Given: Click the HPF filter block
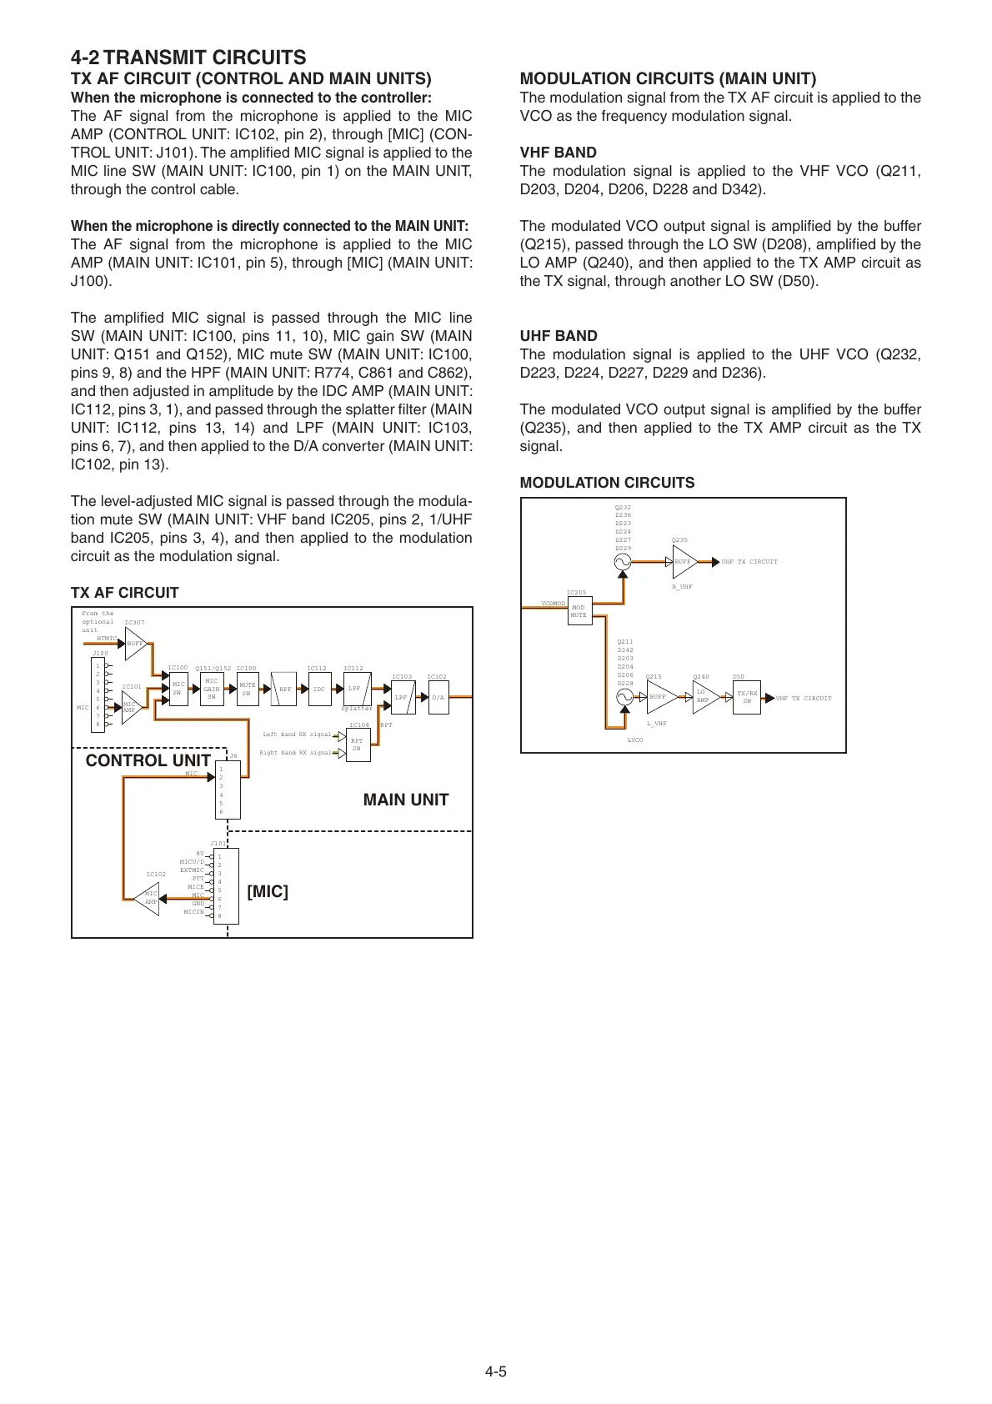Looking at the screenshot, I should coord(285,689).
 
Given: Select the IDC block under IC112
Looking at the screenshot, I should coord(319,689).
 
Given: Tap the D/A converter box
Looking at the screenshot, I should coord(438,697).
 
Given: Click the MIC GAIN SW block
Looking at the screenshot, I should coord(212,689).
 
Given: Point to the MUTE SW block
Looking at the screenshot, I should coord(248,689).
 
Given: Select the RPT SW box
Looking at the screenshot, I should coord(358,745).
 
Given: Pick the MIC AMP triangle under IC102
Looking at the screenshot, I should coord(148,898).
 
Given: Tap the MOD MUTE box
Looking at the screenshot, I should coord(579,611).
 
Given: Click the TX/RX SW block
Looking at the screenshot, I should coord(748,697).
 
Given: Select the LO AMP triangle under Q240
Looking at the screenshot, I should coord(704,697).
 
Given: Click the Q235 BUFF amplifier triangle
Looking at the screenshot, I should coord(684,562).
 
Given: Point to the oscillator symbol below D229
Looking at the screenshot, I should coord(623,562).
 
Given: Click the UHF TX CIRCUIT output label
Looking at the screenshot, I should coord(749,562).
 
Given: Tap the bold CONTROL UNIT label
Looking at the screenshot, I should coord(148,760).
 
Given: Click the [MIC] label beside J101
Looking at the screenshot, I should coord(268,891).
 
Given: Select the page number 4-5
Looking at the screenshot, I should coord(496,1371).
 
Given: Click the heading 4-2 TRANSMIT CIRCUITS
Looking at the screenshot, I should coord(188,58).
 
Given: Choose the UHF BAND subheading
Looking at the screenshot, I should coord(559,336).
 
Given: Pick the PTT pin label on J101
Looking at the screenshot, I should coord(198,878).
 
